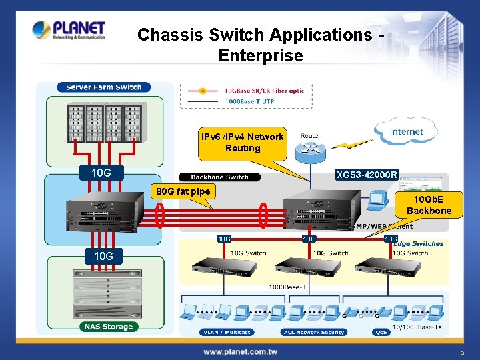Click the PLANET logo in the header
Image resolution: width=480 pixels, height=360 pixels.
[69, 30]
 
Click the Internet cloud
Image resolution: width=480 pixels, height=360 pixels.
[407, 131]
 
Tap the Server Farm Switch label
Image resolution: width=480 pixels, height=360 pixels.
[103, 87]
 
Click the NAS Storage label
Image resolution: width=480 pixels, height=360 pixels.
[108, 327]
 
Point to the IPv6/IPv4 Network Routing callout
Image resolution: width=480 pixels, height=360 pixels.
[242, 142]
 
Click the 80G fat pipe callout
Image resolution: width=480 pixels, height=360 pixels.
[183, 192]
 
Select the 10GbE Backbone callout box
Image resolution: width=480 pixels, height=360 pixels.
[433, 205]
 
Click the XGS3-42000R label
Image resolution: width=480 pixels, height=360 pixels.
[367, 175]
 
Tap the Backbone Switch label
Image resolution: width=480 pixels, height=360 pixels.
[219, 177]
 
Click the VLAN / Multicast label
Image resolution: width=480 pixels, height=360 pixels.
[225, 332]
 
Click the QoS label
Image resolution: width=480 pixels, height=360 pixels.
[382, 332]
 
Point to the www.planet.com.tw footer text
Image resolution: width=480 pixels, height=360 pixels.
[240, 351]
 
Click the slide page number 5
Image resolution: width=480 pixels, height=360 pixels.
[462, 351]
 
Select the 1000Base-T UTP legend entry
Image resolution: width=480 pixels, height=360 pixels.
[249, 101]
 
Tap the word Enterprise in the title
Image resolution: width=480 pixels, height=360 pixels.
[260, 55]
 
